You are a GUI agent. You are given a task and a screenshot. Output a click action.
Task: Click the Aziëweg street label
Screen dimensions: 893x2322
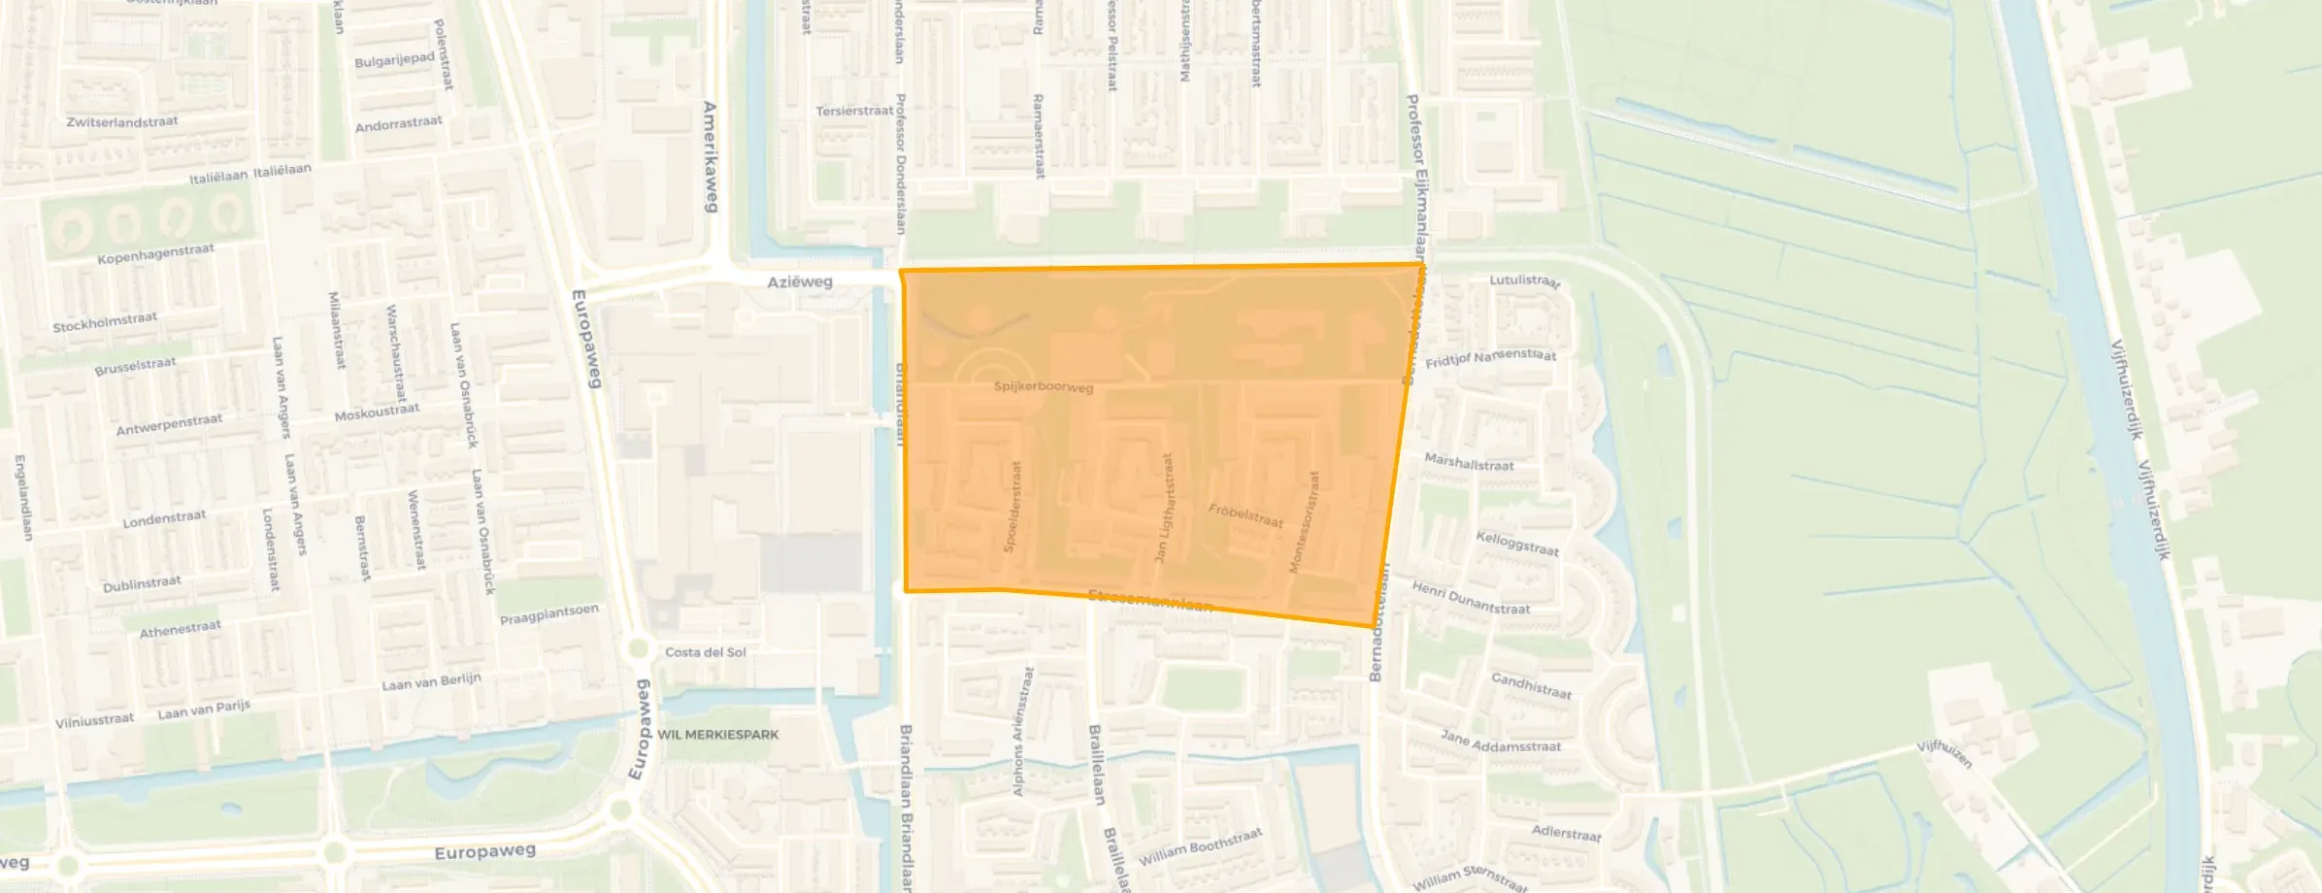point(800,281)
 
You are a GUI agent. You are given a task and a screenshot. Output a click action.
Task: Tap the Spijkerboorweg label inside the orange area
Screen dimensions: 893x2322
point(1044,386)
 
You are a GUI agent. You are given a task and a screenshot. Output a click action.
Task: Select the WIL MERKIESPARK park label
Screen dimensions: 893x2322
point(718,735)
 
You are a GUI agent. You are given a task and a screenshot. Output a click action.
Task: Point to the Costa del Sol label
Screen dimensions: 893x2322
point(706,652)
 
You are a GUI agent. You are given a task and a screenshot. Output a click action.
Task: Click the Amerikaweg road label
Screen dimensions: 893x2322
point(711,156)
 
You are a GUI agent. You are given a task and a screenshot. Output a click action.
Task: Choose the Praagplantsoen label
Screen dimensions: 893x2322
point(549,614)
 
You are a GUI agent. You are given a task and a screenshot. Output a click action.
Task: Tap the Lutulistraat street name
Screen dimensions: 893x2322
point(1525,281)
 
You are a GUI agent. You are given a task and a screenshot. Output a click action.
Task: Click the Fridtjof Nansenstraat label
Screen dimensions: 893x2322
point(1491,358)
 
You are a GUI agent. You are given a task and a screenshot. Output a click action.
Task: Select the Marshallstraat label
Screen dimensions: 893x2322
point(1469,463)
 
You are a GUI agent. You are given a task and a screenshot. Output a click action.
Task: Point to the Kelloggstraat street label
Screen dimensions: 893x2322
point(1517,544)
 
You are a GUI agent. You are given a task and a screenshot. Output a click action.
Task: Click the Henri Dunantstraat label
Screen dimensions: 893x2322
point(1471,598)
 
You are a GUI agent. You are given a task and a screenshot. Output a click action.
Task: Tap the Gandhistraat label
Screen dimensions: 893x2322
point(1531,686)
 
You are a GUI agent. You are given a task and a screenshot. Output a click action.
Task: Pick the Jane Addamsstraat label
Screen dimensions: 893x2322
point(1501,742)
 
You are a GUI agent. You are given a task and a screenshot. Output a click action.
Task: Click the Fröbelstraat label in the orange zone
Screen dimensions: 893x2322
point(1245,515)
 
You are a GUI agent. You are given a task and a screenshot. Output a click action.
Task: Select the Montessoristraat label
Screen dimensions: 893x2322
point(1304,522)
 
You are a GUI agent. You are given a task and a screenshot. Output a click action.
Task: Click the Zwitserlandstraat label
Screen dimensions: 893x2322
point(122,122)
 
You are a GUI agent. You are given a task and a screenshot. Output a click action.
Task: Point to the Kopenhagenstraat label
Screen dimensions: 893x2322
point(155,254)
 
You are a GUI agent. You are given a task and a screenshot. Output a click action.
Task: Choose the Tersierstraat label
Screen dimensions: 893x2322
point(854,111)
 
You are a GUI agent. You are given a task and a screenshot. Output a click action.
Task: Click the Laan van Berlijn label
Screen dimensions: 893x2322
point(431,682)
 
